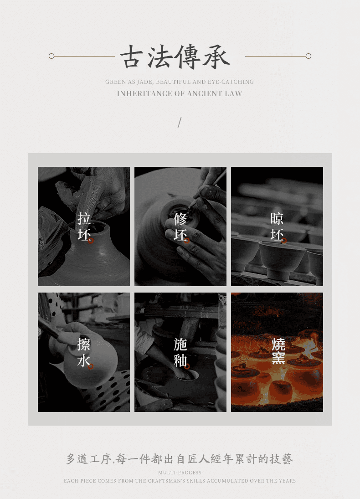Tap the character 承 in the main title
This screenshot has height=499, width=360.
tap(216, 57)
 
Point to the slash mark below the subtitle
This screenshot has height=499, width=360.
tap(180, 123)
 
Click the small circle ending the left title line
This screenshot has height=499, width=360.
tap(51, 57)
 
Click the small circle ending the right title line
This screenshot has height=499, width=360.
tap(309, 57)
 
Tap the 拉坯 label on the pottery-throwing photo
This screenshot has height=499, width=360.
tap(84, 226)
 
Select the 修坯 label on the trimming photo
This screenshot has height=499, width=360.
tap(180, 226)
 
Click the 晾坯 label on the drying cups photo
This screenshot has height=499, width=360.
tap(277, 226)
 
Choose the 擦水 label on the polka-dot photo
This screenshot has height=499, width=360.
tap(84, 352)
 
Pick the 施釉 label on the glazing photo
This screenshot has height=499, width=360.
tap(180, 352)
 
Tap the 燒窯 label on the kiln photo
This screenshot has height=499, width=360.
tap(278, 351)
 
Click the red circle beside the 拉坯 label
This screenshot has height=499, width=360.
tap(91, 241)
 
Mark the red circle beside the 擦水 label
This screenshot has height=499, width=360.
tap(91, 366)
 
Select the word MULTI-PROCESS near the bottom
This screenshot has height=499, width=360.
tap(180, 473)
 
